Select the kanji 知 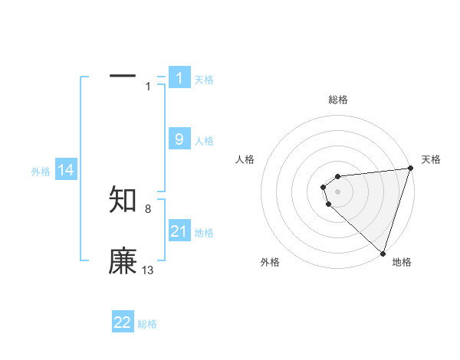pyautogui.click(x=123, y=198)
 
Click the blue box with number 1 pyautogui.click(x=179, y=77)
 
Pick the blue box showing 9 pyautogui.click(x=179, y=139)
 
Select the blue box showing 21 pyautogui.click(x=179, y=231)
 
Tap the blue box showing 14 pyautogui.click(x=66, y=170)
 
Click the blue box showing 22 pyautogui.click(x=123, y=322)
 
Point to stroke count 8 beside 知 pyautogui.click(x=147, y=208)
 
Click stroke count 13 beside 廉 pyautogui.click(x=148, y=270)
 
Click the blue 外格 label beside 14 pyautogui.click(x=41, y=172)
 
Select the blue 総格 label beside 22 pyautogui.click(x=147, y=324)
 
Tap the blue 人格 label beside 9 pyautogui.click(x=204, y=141)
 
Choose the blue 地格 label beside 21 pyautogui.click(x=204, y=233)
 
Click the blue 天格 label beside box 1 pyautogui.click(x=204, y=80)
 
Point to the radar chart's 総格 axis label pyautogui.click(x=338, y=100)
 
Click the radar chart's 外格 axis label pyautogui.click(x=270, y=262)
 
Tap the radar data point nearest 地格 pyautogui.click(x=383, y=253)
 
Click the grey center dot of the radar pyautogui.click(x=338, y=191)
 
